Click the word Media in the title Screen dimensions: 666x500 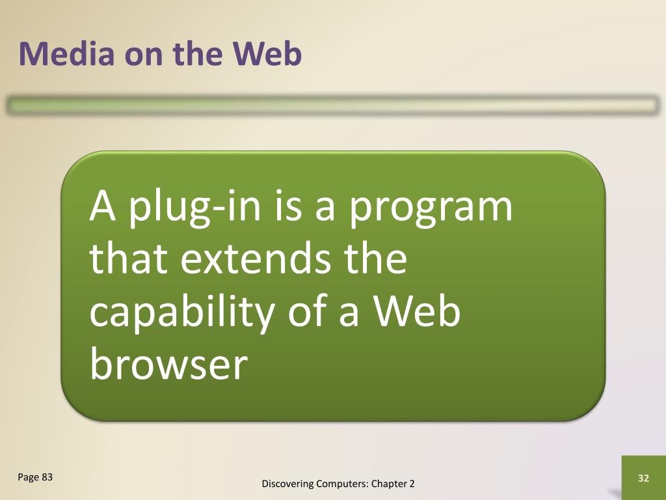click(67, 53)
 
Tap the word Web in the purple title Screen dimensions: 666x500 click(267, 53)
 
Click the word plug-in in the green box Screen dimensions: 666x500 click(194, 208)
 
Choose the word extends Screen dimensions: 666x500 click(256, 258)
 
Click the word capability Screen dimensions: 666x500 click(182, 312)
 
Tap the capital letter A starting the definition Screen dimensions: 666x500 click(102, 206)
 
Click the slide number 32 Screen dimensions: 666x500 click(643, 479)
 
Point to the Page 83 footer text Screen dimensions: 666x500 click(35, 477)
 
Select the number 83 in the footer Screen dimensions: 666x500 click(47, 477)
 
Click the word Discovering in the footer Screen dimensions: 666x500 click(287, 484)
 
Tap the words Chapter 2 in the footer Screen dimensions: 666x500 click(393, 484)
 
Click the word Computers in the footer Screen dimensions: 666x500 click(342, 484)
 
